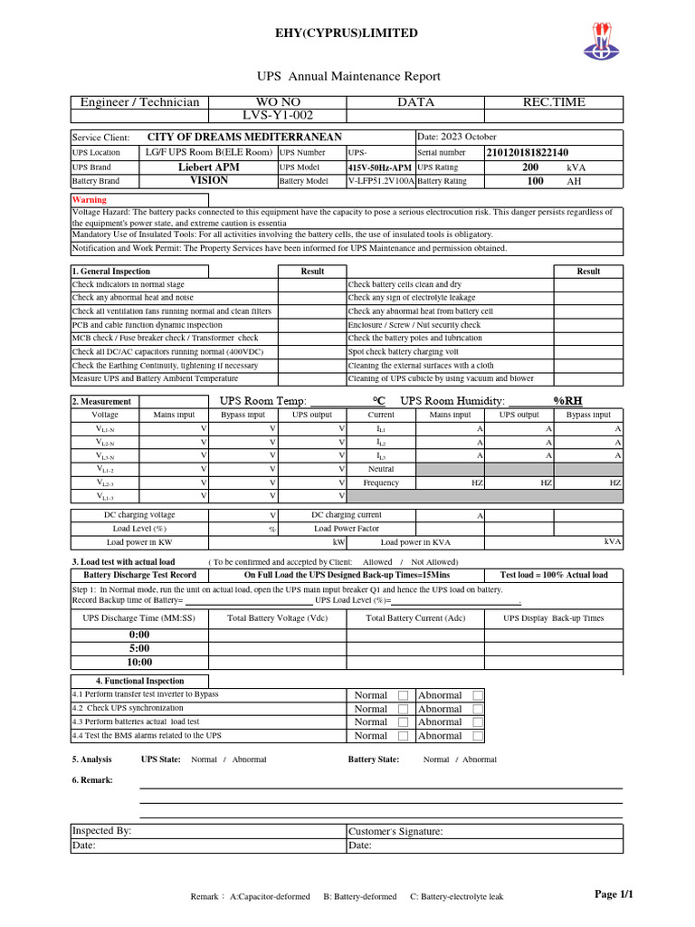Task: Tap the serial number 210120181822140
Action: tap(527, 153)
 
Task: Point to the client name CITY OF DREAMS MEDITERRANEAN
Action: tap(244, 137)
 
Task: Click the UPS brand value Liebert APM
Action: tap(209, 167)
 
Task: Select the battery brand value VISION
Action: tap(209, 181)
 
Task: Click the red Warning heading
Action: tap(90, 200)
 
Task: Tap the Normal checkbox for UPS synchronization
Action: tap(403, 709)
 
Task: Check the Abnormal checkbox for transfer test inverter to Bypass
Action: tap(478, 695)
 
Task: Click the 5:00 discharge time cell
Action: tap(139, 648)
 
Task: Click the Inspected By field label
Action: tap(102, 830)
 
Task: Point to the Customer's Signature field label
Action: tap(395, 831)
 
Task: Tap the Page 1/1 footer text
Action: tap(613, 894)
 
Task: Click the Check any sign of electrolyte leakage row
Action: tap(411, 298)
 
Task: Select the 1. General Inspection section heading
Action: tap(111, 271)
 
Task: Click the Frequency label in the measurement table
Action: tap(381, 483)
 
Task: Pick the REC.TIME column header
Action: tap(554, 102)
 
